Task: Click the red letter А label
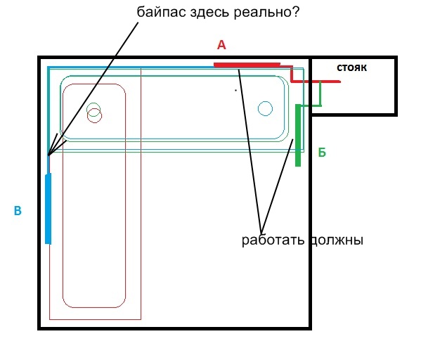coord(221,45)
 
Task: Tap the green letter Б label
coord(322,153)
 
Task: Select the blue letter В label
coord(18,211)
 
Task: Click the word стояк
coord(351,67)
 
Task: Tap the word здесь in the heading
coord(209,13)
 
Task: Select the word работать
coord(273,240)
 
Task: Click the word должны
coord(336,240)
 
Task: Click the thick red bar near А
coord(247,65)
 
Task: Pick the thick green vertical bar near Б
coord(298,135)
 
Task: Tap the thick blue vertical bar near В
coord(48,209)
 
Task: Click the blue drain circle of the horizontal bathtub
coord(265,108)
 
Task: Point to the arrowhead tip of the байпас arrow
coord(48,155)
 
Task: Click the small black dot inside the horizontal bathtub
coord(235,90)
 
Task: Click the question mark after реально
coord(294,11)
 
